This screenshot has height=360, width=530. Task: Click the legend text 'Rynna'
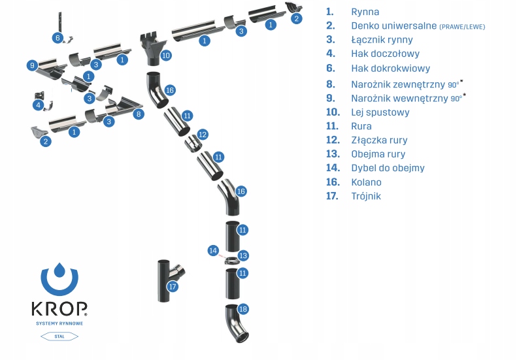[365, 12]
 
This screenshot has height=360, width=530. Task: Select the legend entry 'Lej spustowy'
[380, 112]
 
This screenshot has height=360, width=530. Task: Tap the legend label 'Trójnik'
[365, 196]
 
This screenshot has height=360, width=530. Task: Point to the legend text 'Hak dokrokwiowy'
[390, 68]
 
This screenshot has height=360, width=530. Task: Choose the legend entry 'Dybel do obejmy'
[388, 168]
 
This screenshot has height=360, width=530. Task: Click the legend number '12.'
[333, 140]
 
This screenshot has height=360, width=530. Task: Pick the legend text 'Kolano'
[366, 182]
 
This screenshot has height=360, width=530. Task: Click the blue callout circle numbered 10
[166, 56]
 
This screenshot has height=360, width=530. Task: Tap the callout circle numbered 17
[173, 286]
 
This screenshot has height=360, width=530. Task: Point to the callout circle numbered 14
[212, 250]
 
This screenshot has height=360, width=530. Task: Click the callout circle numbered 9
[32, 65]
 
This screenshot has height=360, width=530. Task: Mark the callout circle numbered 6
[58, 38]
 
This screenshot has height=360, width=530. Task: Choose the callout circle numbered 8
[138, 114]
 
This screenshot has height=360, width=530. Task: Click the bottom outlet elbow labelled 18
[235, 323]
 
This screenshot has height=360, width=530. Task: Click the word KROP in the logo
[59, 308]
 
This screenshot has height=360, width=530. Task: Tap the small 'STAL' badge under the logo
[59, 336]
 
